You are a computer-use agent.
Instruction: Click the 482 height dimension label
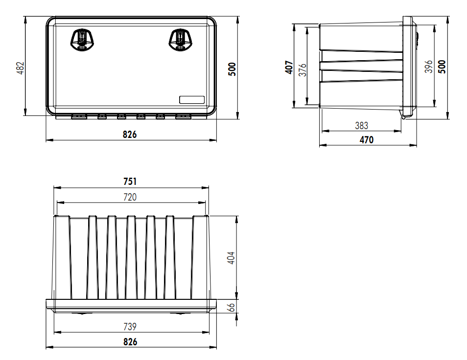click(20, 68)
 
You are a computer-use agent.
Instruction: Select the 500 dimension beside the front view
click(233, 68)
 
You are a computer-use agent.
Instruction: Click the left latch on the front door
click(81, 39)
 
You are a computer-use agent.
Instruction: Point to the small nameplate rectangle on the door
click(191, 100)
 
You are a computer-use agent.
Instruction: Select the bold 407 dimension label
click(289, 67)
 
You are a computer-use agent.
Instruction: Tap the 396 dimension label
click(429, 67)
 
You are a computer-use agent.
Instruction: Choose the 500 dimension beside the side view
click(442, 67)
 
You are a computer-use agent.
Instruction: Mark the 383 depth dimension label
click(361, 126)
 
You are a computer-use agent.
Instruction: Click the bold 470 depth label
click(367, 140)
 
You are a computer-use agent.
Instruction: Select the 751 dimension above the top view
click(130, 181)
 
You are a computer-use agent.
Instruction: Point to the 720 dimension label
click(130, 197)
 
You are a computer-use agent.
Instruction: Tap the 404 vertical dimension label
click(232, 258)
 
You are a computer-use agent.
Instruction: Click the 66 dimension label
click(232, 307)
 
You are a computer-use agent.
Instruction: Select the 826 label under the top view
click(130, 342)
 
